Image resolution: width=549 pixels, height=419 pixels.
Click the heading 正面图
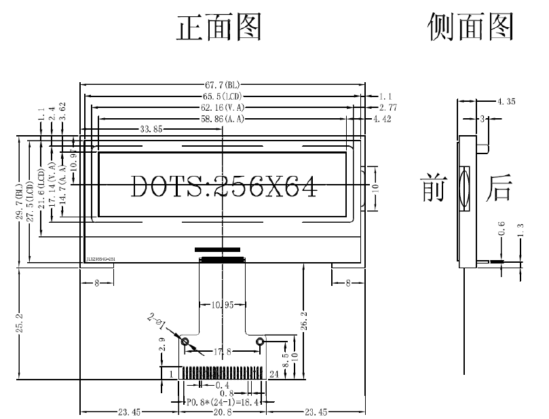[219, 28]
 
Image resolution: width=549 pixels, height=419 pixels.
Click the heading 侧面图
[470, 28]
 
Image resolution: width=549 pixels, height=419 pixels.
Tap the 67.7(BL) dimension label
[222, 85]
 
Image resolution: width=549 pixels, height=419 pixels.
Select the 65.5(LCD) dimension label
[222, 96]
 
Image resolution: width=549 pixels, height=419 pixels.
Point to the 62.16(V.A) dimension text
[222, 107]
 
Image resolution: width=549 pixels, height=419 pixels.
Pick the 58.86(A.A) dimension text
[222, 119]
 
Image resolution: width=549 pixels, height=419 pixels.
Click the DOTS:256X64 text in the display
[223, 186]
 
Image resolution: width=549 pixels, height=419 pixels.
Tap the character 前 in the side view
[432, 188]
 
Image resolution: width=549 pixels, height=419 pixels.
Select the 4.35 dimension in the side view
[506, 102]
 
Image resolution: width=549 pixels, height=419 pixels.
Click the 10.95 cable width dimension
[223, 305]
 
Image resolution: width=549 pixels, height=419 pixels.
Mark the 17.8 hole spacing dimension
[223, 351]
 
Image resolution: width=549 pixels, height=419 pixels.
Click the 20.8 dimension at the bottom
[223, 412]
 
